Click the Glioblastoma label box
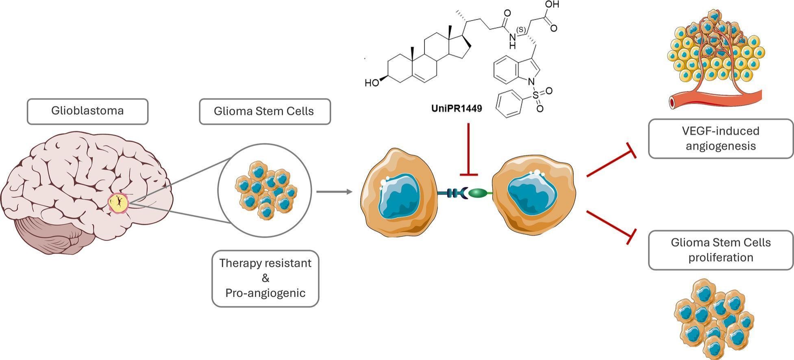[87, 111]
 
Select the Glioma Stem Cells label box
[264, 111]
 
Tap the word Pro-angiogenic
[265, 293]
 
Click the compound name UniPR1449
[456, 108]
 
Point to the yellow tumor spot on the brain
[118, 202]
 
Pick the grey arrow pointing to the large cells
[333, 191]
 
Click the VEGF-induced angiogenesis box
[720, 138]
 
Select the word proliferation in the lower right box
[720, 258]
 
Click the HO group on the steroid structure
[372, 83]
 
